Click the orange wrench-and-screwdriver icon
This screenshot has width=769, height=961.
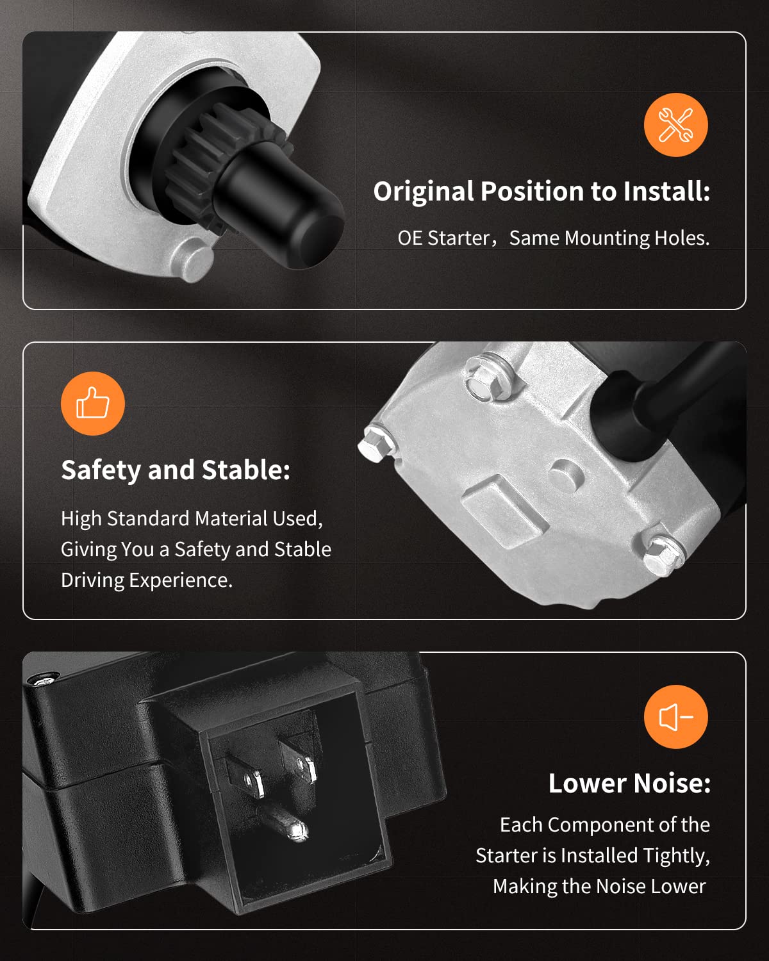coord(675,125)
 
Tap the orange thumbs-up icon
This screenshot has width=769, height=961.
coord(93,403)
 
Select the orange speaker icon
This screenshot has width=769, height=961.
coord(675,717)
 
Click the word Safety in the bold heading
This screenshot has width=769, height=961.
coord(101,471)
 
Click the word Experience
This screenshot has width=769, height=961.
coord(181,580)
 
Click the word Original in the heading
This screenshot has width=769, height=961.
coord(424,192)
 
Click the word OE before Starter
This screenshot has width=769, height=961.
coord(409,238)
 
